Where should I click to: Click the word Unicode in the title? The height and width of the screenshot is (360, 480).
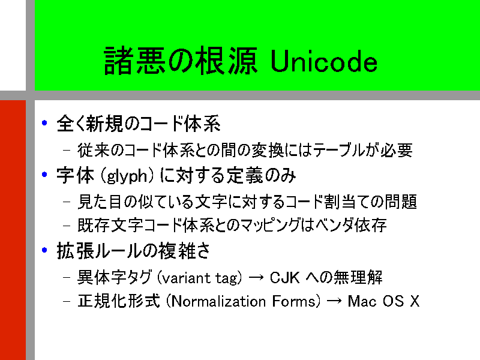coord(324,62)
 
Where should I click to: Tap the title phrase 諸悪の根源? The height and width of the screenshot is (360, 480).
coord(181,61)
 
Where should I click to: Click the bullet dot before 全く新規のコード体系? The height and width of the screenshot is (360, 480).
coord(44,123)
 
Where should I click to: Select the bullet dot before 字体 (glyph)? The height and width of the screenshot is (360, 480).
coord(44,175)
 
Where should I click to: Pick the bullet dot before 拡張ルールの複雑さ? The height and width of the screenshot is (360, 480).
coord(44,250)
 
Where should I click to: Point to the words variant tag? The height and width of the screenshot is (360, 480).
coord(200,278)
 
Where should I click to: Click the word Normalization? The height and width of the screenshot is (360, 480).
coord(218,301)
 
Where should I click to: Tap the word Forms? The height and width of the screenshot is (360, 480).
coord(293,301)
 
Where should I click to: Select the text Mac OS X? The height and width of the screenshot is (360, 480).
coord(383,301)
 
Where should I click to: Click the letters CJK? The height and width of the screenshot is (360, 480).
coord(284,278)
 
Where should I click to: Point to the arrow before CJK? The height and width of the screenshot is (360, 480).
coord(256,278)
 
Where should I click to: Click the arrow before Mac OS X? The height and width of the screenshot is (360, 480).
coord(334,301)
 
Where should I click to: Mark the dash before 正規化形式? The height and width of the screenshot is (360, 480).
coord(67,301)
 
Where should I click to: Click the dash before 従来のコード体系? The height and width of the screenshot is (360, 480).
coord(67,151)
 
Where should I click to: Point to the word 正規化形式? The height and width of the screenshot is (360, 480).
coord(119,301)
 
